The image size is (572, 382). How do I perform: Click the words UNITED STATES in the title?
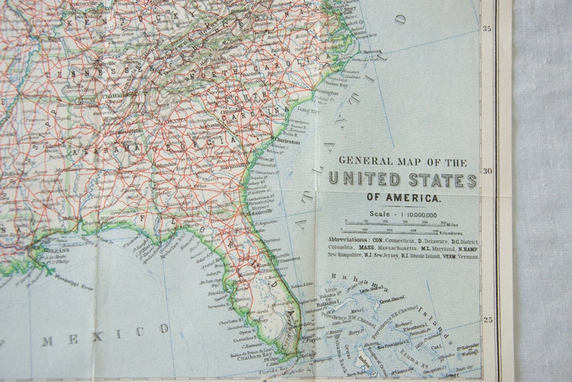click(x=402, y=180)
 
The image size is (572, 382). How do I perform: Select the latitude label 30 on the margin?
click(x=487, y=171)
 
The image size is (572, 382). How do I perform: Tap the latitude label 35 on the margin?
click(x=487, y=29)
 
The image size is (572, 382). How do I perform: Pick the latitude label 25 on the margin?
click(x=487, y=319)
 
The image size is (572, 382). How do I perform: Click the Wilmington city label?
click(x=326, y=92)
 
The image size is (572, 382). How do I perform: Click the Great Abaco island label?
click(x=393, y=298)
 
